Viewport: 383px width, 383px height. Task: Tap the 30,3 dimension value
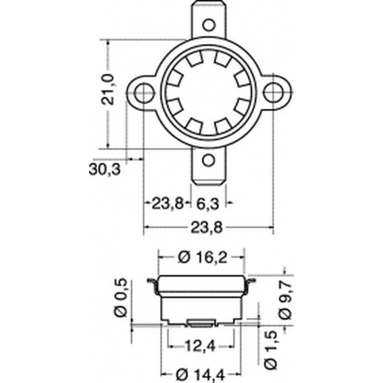click(105, 169)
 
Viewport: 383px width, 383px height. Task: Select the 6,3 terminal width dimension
click(208, 204)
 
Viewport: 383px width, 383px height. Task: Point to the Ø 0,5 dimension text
click(121, 297)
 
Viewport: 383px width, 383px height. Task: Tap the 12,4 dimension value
click(201, 346)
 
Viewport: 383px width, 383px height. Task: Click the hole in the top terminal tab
click(209, 25)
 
